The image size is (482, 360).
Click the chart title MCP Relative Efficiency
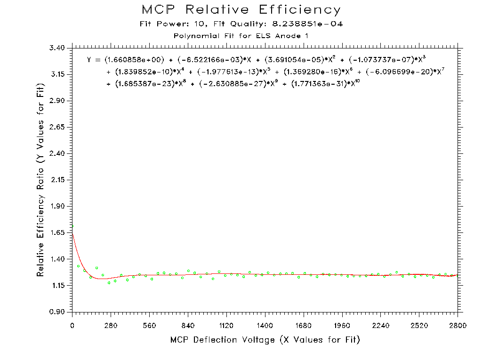pos(241,10)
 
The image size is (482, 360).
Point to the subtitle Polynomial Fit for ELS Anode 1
pos(241,36)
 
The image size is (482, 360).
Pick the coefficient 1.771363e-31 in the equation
pos(320,84)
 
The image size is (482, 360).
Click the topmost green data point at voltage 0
pos(72,226)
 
